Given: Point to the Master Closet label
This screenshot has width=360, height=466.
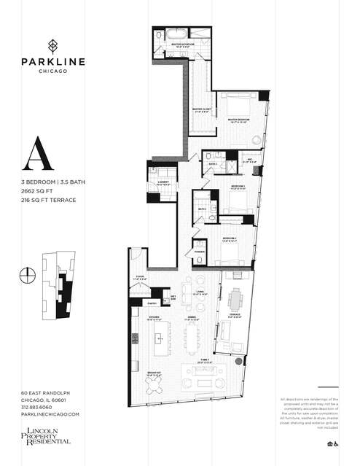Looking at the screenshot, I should (x=201, y=110).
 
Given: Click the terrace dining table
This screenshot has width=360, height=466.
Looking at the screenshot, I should (x=235, y=301).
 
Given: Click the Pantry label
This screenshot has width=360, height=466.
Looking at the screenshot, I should (x=153, y=302).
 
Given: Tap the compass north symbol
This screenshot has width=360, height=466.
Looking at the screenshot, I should (x=28, y=275).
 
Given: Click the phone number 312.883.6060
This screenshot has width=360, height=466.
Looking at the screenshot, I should (x=41, y=407).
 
